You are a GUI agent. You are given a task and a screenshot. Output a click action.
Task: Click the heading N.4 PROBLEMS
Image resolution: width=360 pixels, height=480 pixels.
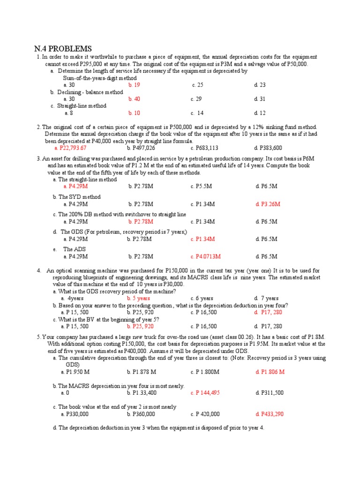63,49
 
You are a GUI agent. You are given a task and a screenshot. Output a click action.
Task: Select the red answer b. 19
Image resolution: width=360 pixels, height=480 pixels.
134,85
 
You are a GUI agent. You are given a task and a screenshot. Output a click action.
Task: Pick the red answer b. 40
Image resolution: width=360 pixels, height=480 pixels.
134,99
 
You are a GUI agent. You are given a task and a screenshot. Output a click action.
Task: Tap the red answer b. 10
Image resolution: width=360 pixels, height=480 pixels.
134,113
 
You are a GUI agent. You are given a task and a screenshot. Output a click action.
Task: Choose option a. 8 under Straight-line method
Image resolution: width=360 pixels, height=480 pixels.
68,113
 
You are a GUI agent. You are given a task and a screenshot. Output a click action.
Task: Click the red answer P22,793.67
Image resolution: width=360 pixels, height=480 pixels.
71,148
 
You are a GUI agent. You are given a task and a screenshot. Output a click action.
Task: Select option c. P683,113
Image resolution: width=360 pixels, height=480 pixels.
204,148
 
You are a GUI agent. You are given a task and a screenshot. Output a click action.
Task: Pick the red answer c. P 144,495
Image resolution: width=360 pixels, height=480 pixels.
205,393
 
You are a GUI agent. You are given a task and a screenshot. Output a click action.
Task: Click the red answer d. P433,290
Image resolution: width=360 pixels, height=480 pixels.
270,414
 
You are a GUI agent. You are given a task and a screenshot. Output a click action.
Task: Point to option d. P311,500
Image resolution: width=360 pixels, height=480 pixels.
270,393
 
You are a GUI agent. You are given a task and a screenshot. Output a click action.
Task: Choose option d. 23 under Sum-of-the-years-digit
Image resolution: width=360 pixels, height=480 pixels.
260,85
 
